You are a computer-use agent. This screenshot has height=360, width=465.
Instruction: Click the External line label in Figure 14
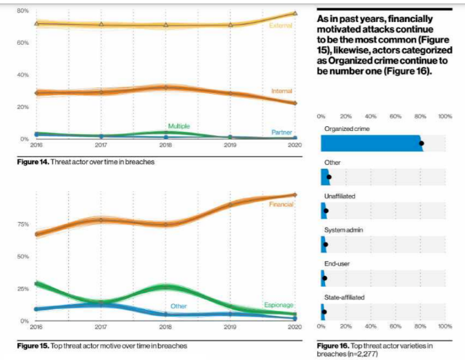pos(281,26)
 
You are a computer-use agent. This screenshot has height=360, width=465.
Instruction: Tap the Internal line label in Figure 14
pos(281,90)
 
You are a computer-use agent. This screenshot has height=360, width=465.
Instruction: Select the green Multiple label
pos(179,126)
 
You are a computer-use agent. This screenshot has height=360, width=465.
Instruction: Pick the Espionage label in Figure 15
pos(279,304)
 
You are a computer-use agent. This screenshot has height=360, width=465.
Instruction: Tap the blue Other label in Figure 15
pos(179,306)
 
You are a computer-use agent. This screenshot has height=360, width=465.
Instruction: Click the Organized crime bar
pos(371,143)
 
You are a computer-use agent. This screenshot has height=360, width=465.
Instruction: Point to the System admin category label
pos(342,230)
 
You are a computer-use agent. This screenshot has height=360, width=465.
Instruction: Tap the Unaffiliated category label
pos(339,196)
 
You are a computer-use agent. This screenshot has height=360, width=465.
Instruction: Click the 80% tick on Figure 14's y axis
pos(22,11)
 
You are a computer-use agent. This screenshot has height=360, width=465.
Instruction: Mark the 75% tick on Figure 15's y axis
pos(22,224)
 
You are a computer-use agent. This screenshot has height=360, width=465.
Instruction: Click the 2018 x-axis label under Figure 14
pos(164,146)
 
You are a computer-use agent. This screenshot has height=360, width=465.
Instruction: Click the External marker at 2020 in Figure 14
pos(295,13)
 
